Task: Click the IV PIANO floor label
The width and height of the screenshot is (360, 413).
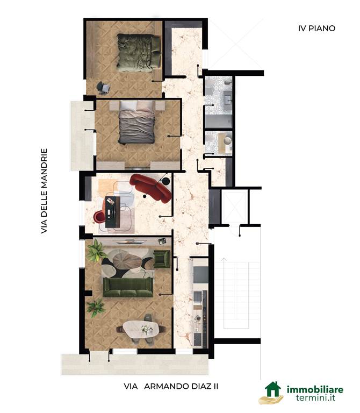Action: tap(316, 28)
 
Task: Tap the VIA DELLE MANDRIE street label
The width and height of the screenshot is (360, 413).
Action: tap(44, 191)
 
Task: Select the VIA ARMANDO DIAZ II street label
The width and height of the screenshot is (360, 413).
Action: tap(171, 387)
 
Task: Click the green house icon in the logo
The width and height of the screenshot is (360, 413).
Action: tap(272, 389)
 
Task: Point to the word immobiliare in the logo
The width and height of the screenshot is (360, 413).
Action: tap(315, 389)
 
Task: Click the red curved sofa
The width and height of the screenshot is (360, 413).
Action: tap(151, 188)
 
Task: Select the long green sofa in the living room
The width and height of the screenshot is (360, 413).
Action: tap(128, 287)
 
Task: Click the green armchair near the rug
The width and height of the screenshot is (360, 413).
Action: tap(162, 259)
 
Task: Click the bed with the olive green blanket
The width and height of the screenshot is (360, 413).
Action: tap(139, 53)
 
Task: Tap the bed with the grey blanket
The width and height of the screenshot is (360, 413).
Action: tap(136, 123)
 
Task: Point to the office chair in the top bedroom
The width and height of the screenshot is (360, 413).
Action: tap(103, 88)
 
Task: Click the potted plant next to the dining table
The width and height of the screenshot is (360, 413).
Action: tap(96, 308)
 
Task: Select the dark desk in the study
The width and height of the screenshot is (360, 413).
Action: tap(113, 212)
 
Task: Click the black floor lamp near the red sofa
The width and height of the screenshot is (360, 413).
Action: tap(165, 181)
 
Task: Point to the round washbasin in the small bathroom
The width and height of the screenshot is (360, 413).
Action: tap(228, 140)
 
